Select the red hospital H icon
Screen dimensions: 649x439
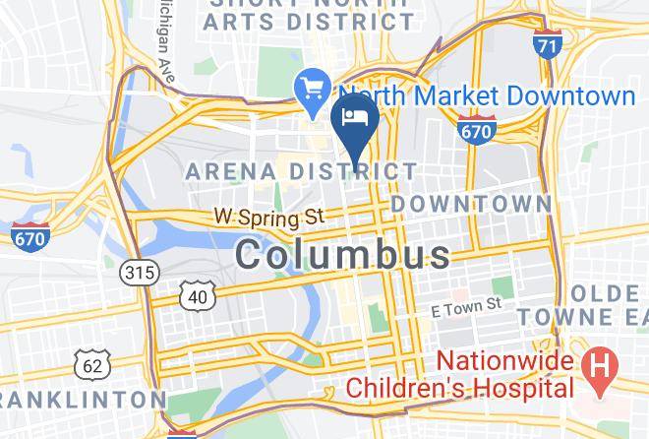596,370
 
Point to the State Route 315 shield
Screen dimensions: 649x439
140,273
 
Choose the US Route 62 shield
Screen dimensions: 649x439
92,365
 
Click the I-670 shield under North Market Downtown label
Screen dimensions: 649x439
477,128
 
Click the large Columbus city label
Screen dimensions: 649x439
343,255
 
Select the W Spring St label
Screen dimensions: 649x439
269,215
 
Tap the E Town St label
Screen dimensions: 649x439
467,308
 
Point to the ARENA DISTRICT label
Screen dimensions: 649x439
302,171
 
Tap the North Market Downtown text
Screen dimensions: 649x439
488,95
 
